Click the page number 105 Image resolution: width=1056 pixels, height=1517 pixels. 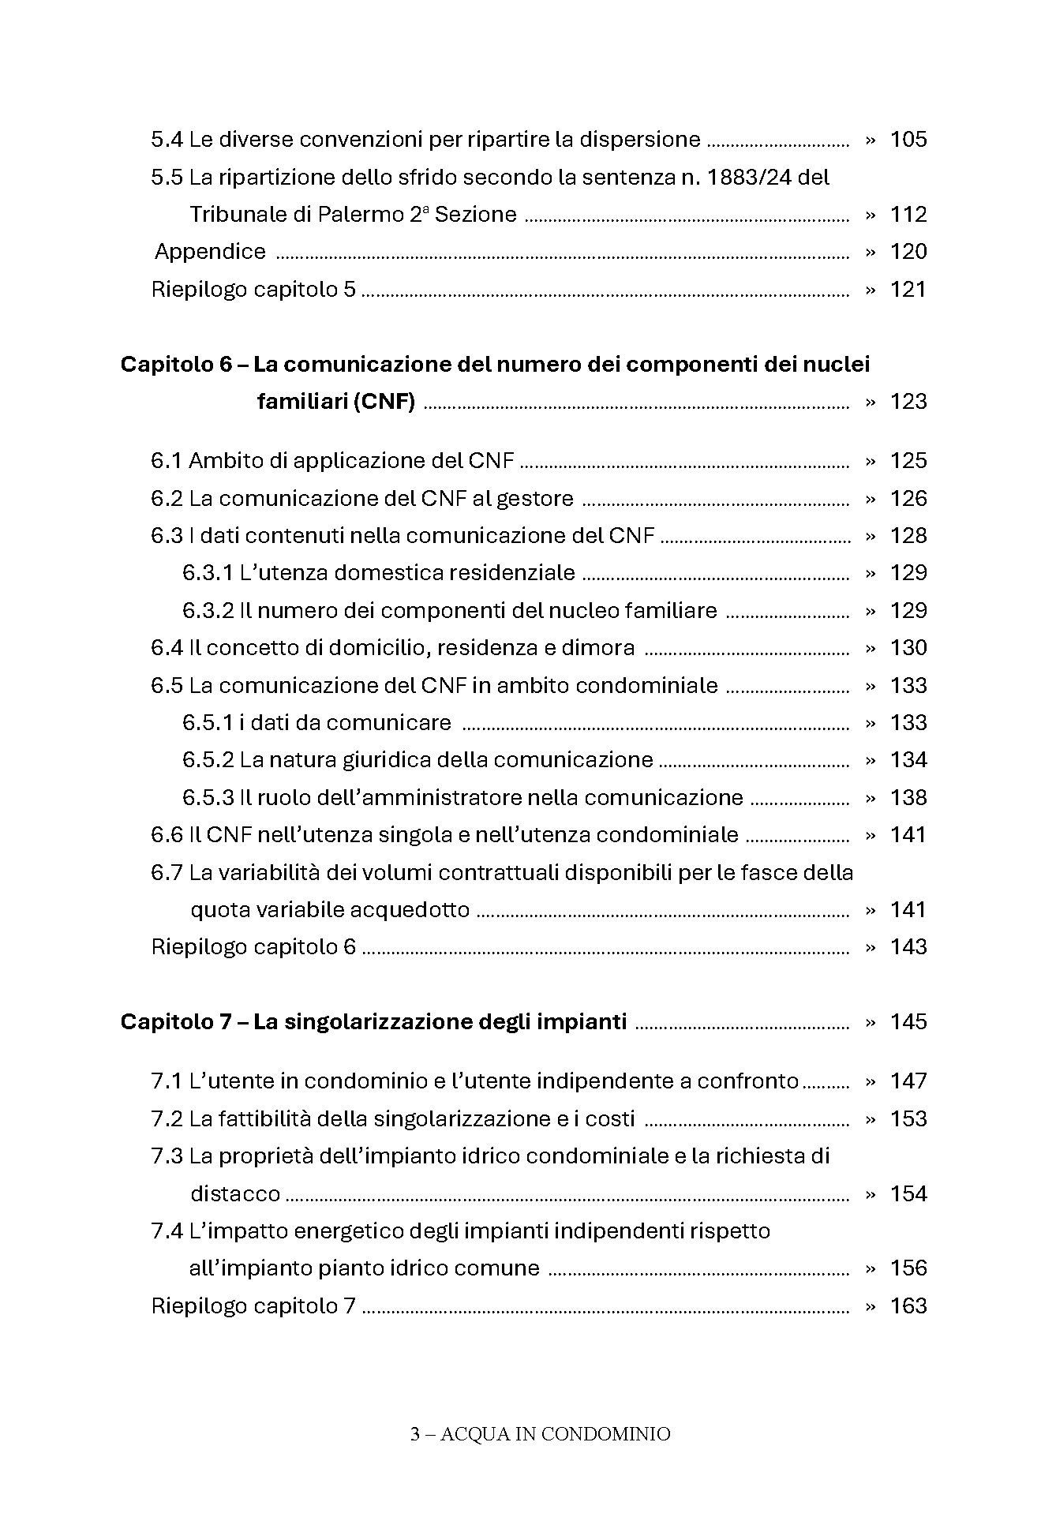tap(908, 140)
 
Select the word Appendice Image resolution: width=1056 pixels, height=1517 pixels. tap(210, 252)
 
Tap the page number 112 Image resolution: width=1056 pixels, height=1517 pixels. tap(908, 215)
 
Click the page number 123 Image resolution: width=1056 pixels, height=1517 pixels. tap(908, 402)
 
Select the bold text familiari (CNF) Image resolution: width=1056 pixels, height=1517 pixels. tap(336, 402)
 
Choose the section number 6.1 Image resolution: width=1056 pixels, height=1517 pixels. tap(167, 461)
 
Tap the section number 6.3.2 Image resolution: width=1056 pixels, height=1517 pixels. tap(208, 611)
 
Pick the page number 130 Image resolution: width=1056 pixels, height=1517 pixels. tap(908, 648)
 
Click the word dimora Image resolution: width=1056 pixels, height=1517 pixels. tap(597, 648)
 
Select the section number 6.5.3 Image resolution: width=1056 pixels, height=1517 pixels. tap(208, 798)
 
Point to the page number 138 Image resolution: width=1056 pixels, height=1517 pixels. tap(908, 798)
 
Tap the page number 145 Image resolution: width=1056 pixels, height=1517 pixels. tap(908, 1022)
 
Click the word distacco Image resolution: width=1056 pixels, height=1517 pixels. tap(235, 1193)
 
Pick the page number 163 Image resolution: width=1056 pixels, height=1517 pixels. tap(908, 1306)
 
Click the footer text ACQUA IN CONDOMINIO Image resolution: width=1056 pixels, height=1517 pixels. tap(555, 1434)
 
